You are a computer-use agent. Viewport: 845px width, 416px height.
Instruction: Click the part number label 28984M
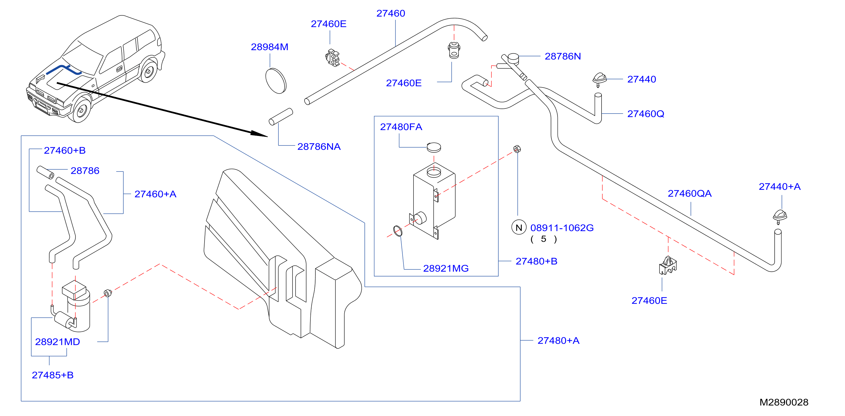[x=269, y=47]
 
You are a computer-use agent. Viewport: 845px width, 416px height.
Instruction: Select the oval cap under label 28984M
[x=276, y=81]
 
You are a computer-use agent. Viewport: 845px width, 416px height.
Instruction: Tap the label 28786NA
[x=319, y=147]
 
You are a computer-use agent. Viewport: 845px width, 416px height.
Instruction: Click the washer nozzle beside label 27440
[x=599, y=80]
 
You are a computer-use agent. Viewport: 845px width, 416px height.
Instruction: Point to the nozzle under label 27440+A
[x=780, y=216]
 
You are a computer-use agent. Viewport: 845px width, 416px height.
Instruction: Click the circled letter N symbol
[x=519, y=227]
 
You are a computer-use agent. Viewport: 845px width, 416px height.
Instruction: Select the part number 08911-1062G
[x=562, y=228]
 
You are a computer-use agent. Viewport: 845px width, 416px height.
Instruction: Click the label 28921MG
[x=446, y=268]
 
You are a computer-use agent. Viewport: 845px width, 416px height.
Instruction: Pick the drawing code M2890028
[x=784, y=402]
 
